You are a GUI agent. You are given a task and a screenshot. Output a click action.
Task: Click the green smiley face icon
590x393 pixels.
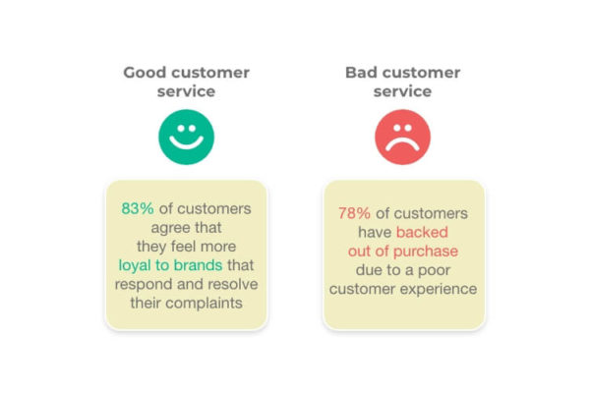(186, 137)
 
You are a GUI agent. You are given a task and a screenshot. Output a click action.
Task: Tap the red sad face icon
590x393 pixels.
(402, 137)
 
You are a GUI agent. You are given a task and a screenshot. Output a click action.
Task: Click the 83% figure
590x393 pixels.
(138, 208)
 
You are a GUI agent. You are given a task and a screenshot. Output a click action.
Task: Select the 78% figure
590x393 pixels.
(354, 213)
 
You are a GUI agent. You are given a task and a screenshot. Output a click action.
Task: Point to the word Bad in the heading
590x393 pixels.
(361, 73)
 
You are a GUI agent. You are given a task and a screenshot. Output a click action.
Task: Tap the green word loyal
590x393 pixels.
(135, 266)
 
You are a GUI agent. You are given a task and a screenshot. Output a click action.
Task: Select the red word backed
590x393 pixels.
(422, 232)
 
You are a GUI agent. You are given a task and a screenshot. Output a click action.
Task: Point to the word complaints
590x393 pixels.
(204, 304)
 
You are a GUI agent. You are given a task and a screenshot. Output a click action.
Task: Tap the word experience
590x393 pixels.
(439, 290)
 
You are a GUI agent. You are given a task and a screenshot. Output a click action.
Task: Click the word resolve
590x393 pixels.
(233, 284)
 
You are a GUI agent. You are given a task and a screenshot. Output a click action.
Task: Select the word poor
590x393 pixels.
(434, 271)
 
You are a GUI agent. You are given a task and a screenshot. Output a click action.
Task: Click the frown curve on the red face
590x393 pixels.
(402, 141)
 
